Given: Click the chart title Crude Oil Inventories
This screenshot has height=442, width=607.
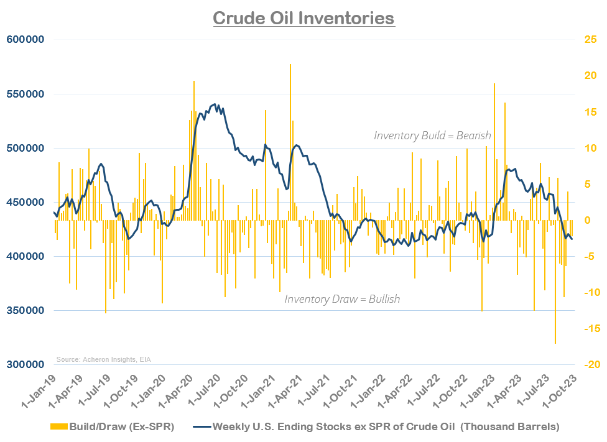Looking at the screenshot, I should (x=303, y=17).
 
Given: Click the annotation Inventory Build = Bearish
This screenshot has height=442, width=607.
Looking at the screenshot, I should (x=432, y=136).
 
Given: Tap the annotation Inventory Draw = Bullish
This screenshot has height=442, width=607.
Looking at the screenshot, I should (x=342, y=299).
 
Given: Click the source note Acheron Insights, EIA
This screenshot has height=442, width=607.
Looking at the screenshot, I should (x=104, y=359).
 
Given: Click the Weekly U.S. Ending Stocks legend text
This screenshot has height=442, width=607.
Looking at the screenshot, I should (x=386, y=427).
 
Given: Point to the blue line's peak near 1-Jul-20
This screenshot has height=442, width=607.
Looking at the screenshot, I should (x=215, y=104).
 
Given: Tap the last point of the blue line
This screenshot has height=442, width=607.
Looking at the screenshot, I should (x=572, y=239).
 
